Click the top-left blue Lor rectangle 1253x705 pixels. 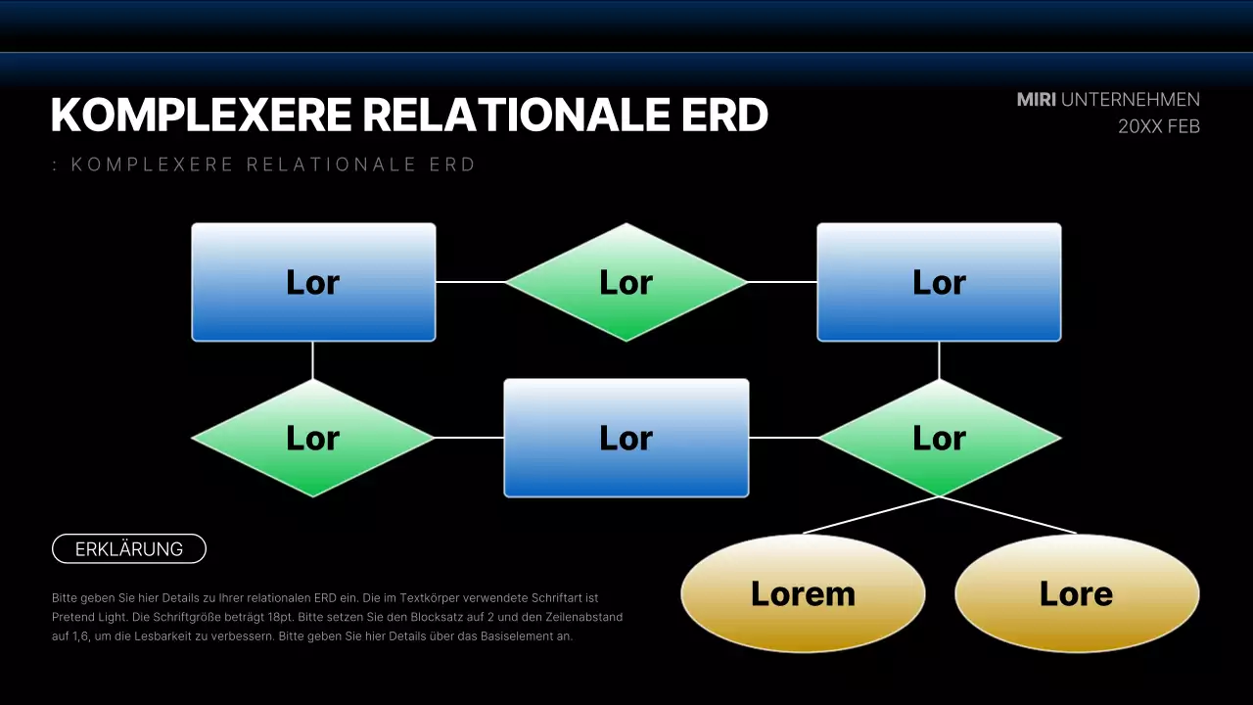tap(313, 282)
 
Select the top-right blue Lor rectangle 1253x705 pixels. tap(939, 282)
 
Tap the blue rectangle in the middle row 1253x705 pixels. tap(626, 438)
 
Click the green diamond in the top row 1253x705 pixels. tap(626, 282)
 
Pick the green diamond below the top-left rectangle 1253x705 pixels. tap(313, 438)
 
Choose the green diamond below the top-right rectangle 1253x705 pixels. tap(939, 438)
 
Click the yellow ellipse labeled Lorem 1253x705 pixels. tap(803, 593)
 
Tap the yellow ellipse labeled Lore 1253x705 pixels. tap(1077, 593)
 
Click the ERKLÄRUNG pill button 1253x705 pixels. tap(129, 549)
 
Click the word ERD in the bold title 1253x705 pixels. tap(724, 116)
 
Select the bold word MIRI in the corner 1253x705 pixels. tap(1036, 100)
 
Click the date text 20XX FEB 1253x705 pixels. tap(1159, 126)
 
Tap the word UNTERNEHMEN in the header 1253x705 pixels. tap(1131, 100)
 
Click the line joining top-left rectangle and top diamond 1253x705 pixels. tap(470, 282)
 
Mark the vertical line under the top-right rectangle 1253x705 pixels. tap(939, 360)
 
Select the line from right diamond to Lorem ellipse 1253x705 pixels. tap(871, 515)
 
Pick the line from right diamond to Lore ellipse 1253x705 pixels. tap(1008, 515)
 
